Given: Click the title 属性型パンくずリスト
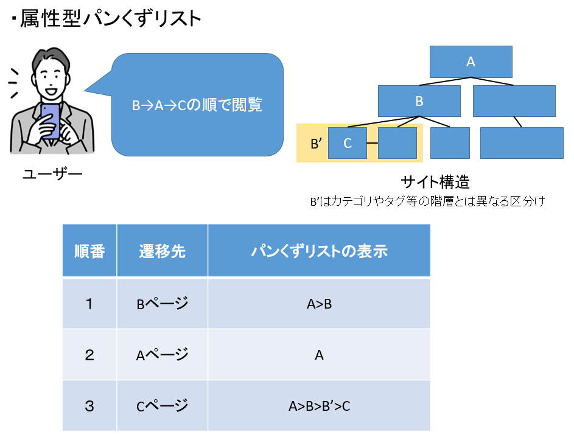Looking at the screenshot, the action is (x=110, y=18).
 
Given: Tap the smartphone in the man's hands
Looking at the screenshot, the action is (x=50, y=121).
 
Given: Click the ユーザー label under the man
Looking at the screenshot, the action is (x=52, y=173).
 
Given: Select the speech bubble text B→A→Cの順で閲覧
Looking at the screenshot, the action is (x=197, y=105).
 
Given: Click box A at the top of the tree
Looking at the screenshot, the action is (x=471, y=62).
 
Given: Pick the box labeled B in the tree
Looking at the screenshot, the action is (x=419, y=101).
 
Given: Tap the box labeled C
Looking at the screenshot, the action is (x=348, y=143).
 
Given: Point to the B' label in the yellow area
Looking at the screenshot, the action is (x=317, y=144).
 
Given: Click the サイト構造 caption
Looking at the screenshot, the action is (x=435, y=182).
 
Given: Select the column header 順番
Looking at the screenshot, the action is (x=89, y=251).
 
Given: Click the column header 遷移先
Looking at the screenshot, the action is (x=162, y=251).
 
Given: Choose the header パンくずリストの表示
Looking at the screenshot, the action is (x=319, y=251).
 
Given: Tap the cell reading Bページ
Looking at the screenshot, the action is (x=162, y=304).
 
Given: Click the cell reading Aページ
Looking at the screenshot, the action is (x=162, y=355).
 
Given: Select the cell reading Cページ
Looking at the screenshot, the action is (x=162, y=406).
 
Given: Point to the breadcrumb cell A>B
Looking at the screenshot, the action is (x=319, y=304).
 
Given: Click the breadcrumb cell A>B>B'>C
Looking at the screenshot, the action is (x=319, y=406).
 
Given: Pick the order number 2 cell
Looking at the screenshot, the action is (x=89, y=355).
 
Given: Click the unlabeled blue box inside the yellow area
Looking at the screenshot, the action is (x=397, y=143).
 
